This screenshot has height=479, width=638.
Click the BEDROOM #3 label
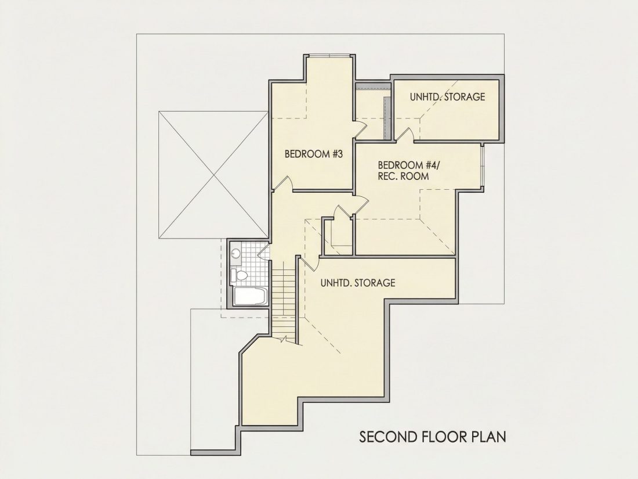click(314, 154)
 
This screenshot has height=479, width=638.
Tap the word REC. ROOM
click(403, 177)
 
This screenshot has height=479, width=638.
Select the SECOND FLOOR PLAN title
click(433, 437)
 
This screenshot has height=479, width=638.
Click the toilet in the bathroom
click(238, 276)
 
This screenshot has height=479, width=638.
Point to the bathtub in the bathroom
click(251, 297)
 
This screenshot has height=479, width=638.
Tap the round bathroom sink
click(235, 254)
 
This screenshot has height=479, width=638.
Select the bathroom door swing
click(264, 251)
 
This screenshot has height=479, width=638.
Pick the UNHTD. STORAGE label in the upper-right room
click(447, 97)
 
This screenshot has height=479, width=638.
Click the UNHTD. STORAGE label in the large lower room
click(358, 283)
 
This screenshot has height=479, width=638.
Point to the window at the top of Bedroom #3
click(329, 56)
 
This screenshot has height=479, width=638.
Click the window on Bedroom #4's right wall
click(482, 167)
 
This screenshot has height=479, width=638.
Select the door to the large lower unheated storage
click(310, 263)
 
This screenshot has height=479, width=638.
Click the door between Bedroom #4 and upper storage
click(405, 135)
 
